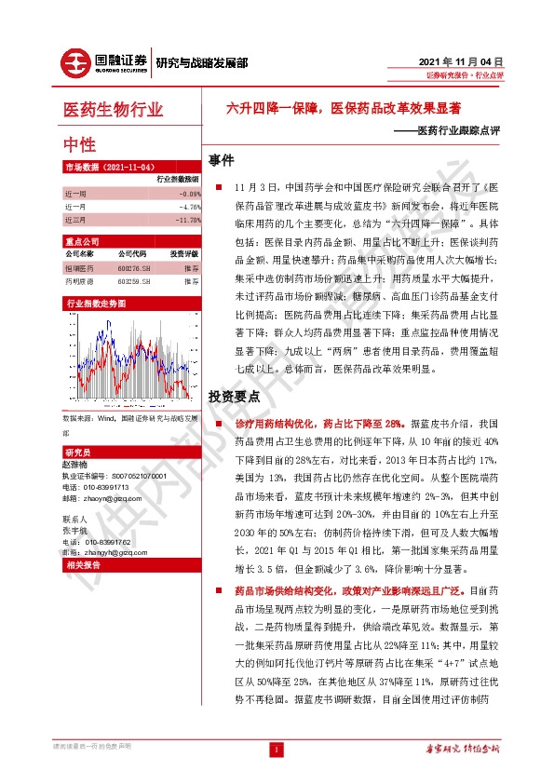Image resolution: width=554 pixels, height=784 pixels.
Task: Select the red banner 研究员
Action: (x=75, y=451)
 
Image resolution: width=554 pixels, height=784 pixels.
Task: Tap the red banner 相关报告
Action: (x=83, y=564)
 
